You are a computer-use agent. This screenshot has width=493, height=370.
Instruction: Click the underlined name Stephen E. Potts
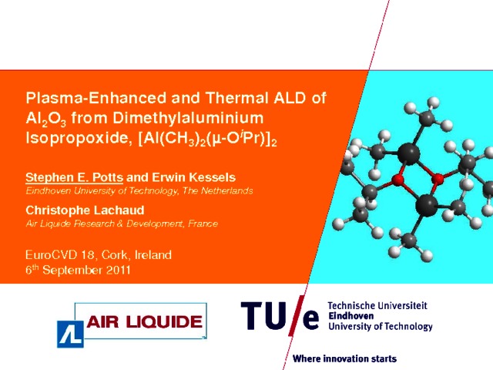(74, 177)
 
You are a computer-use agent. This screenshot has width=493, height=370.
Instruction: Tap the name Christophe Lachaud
(85, 210)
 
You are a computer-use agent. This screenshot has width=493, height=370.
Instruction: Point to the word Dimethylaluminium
(188, 118)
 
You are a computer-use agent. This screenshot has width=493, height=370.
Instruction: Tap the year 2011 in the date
(118, 271)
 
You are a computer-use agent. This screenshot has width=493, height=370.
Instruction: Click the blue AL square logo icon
(70, 334)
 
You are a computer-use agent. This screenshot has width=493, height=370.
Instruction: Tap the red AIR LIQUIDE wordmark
(144, 322)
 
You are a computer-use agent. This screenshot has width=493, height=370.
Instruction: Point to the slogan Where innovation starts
(344, 358)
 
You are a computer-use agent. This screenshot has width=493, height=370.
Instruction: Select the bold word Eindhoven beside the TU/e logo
(351, 315)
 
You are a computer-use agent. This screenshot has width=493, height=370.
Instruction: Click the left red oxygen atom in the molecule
(397, 180)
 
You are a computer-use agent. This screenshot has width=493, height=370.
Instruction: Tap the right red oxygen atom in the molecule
(438, 180)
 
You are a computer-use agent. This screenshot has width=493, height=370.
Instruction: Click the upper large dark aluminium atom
(409, 154)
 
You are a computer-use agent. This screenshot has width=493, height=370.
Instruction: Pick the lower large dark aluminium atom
(426, 206)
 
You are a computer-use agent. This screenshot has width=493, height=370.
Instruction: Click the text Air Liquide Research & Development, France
(122, 224)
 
